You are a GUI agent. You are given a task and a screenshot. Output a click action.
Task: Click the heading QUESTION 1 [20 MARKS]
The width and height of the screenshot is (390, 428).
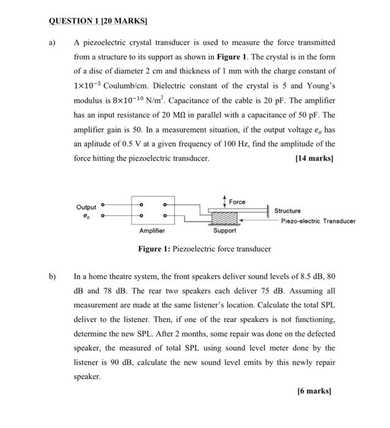pyautogui.click(x=98, y=20)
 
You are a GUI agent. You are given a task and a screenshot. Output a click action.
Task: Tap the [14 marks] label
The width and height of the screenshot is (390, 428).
pyautogui.click(x=315, y=158)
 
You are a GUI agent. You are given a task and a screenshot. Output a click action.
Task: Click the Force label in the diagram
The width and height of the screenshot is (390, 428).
pyautogui.click(x=237, y=202)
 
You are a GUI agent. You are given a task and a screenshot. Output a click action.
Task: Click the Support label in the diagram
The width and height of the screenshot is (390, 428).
pyautogui.click(x=224, y=231)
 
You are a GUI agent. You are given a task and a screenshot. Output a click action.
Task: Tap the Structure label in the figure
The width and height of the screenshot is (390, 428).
pyautogui.click(x=287, y=211)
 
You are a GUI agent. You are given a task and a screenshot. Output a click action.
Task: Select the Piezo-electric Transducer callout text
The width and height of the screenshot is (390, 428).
pyautogui.click(x=318, y=221)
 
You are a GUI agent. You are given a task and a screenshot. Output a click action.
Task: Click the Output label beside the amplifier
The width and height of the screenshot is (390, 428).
pyautogui.click(x=87, y=207)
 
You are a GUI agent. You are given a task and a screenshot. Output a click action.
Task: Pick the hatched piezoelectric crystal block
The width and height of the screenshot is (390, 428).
pyautogui.click(x=224, y=217)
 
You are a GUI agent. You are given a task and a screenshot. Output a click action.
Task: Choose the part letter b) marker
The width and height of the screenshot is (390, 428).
pyautogui.click(x=52, y=276)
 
